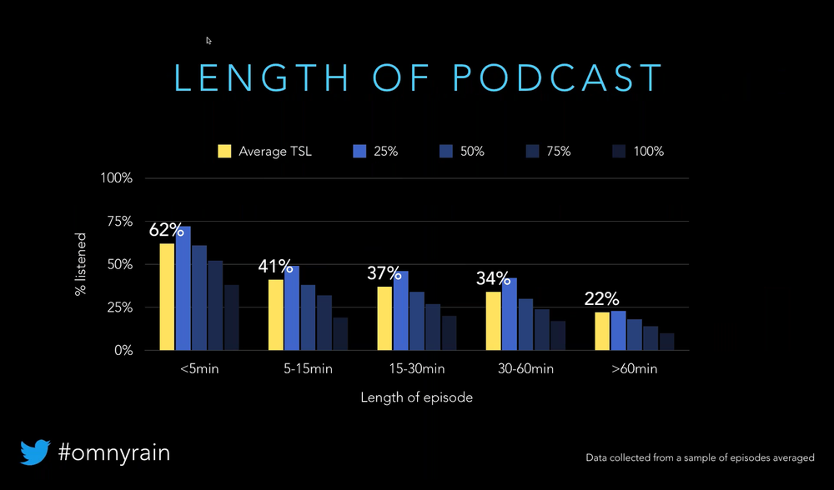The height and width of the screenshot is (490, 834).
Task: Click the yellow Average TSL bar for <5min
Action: coord(167,297)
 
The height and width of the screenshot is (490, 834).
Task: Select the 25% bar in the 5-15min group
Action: coord(292,308)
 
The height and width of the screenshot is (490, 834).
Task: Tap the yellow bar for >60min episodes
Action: coord(601,331)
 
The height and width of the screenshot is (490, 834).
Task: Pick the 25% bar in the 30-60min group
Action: coord(509,314)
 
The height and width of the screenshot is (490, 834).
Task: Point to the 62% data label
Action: coord(166,230)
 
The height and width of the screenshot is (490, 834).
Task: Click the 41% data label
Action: coord(275,267)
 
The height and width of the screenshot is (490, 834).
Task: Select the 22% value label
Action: coord(600,299)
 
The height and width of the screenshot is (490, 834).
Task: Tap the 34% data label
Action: coord(493,278)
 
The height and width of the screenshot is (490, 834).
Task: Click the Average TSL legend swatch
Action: coord(224,152)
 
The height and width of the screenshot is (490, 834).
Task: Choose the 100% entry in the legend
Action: coord(647,152)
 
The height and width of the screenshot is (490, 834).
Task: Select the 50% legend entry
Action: coord(469,152)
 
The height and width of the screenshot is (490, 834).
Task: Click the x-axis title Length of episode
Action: coord(416,397)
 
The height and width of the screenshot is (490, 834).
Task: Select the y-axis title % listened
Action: coord(81,264)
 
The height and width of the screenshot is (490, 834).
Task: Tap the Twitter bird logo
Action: coord(36,452)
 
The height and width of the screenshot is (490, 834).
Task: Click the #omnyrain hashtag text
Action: coord(114,452)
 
